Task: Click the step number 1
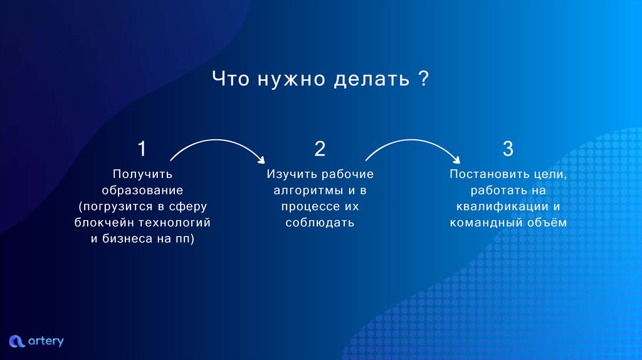click(142, 149)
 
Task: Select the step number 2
click(320, 149)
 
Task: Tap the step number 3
click(508, 149)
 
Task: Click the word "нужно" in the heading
click(290, 80)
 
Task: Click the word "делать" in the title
click(369, 80)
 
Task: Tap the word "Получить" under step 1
click(142, 174)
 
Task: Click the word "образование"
click(142, 190)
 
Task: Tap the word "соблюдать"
click(320, 223)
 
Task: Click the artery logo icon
click(16, 341)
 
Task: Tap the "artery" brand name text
click(46, 341)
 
